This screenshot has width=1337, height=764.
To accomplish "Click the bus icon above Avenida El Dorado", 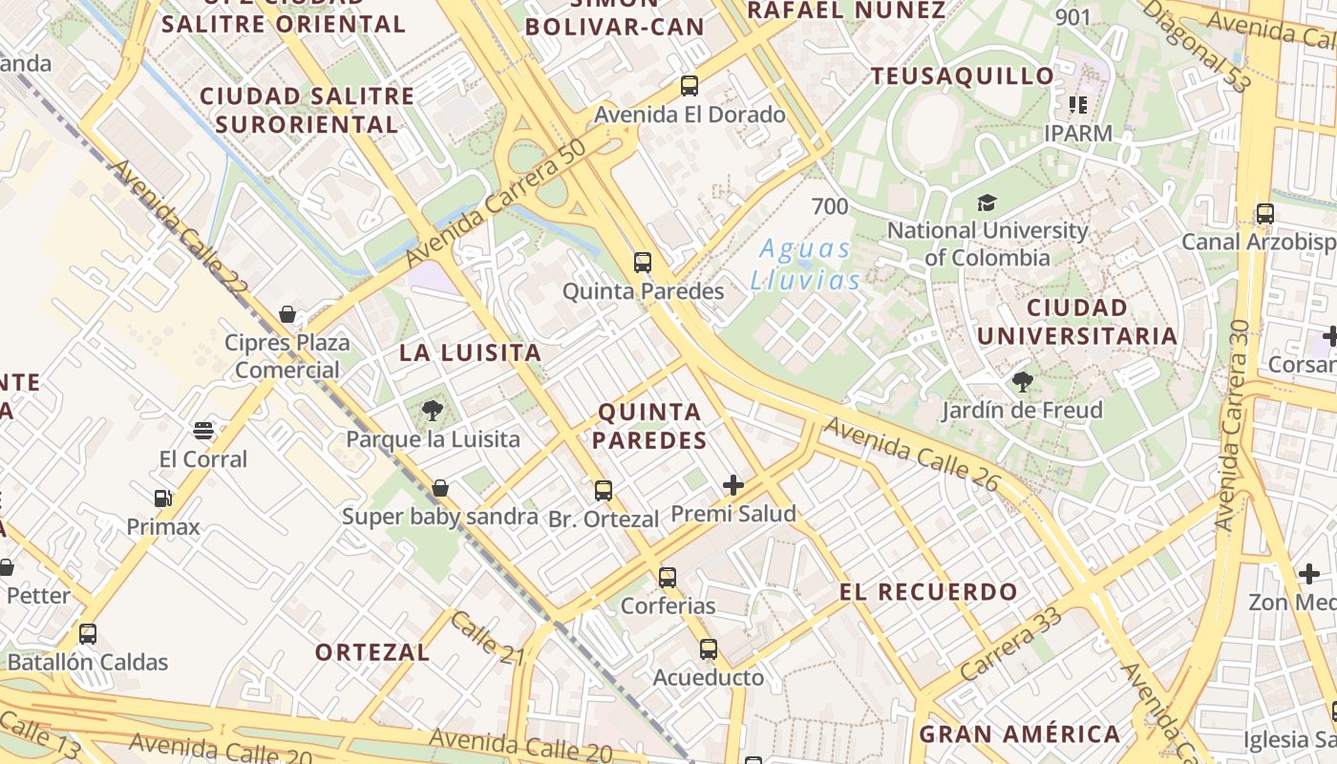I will pos(690,86).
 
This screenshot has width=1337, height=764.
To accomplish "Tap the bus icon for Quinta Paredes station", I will pos(643,263).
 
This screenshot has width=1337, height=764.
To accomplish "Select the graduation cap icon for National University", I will pos(987,202).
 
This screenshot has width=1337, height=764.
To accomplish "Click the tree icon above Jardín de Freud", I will pos(1022,383).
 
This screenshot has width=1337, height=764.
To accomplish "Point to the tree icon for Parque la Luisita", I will pos(432,412).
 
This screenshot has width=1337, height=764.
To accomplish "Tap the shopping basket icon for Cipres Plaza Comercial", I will pos(286,314).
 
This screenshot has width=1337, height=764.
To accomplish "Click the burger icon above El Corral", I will pos(202,431).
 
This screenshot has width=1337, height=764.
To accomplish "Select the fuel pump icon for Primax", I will pos(163,499).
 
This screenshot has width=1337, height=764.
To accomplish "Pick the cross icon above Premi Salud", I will pos(732,485).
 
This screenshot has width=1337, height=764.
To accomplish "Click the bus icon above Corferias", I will pos(668,578).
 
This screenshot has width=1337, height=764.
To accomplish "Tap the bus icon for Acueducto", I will pos(708,649).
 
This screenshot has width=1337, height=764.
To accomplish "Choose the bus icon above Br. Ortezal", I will pos(604,491).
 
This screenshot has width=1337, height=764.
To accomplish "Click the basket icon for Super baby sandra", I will pos(440,488).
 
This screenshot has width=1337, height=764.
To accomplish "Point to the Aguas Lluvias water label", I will pos(804,265).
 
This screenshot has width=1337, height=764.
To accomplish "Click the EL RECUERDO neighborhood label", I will pos(928,592).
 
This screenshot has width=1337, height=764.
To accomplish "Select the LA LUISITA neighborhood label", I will pos(470,352).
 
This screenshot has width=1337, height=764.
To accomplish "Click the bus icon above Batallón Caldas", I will pos(88,633).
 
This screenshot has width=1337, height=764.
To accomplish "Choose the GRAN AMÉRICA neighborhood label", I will pos(1019,734).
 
